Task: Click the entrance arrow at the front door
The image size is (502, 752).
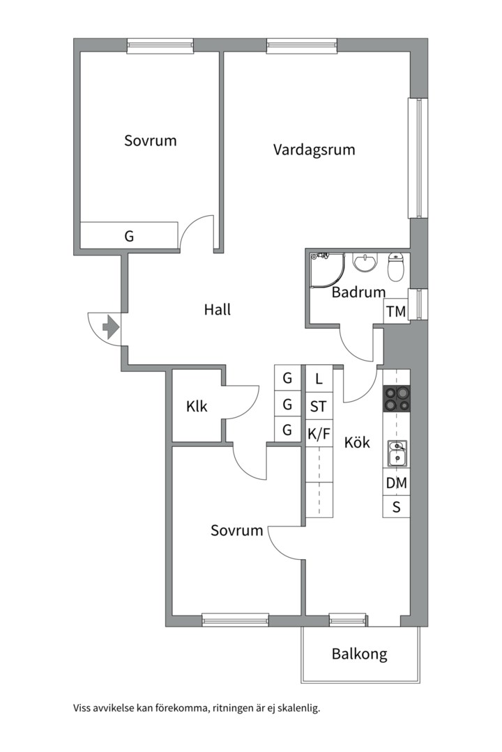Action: click(111, 327)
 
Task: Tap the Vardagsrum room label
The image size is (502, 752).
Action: click(314, 150)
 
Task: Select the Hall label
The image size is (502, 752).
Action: click(217, 309)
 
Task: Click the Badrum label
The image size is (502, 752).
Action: click(358, 292)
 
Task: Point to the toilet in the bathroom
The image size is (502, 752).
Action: click(396, 267)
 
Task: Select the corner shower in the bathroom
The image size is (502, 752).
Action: click(327, 270)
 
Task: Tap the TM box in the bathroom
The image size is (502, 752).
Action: click(396, 311)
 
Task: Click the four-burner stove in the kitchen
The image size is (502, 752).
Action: click(396, 398)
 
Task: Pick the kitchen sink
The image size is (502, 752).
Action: click(397, 453)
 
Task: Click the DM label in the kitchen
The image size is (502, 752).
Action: click(396, 483)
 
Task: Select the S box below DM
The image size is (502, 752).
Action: click(396, 506)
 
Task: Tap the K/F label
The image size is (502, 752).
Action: click(319, 434)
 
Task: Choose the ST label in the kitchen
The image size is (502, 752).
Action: click(318, 407)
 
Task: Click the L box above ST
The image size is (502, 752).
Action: click(319, 379)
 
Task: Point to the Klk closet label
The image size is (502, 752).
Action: click(197, 407)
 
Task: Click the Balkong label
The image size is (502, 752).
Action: click(359, 654)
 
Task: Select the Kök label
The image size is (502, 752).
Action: click(357, 441)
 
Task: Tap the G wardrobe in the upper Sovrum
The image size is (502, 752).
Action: click(129, 235)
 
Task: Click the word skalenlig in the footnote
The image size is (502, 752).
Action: click(301, 708)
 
